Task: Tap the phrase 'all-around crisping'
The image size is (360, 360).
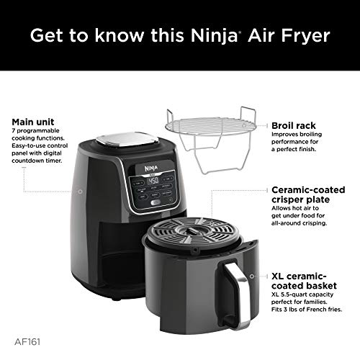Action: point(292,223)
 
